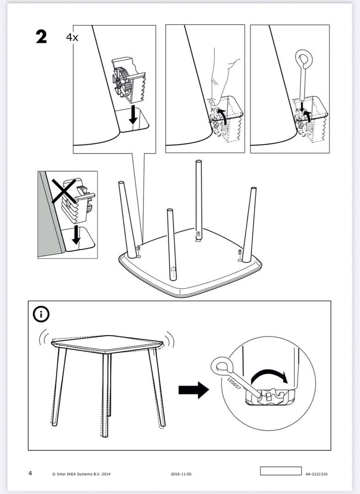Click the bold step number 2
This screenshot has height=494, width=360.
[41, 37]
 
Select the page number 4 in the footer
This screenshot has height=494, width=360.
[30, 473]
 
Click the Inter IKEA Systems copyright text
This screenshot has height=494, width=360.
[81, 474]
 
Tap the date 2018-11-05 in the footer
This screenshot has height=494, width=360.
[180, 474]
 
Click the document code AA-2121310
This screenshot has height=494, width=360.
[316, 474]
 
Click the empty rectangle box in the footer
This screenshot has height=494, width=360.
[280, 471]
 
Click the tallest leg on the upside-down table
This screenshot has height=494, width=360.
[199, 197]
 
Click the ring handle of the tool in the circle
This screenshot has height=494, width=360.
[221, 365]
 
